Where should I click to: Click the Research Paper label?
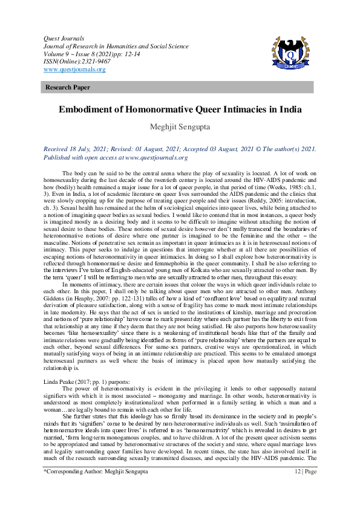coord(65,88)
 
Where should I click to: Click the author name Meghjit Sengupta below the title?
coord(180,128)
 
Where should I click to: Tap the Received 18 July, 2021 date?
coord(79,148)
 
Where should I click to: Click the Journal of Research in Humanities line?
coord(115,45)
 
